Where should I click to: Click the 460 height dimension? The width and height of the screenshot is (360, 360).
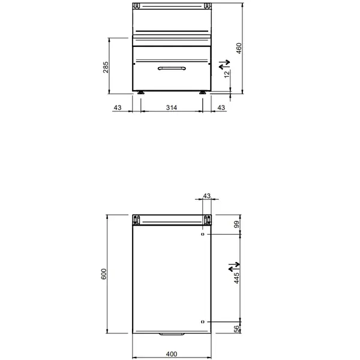tap(238, 48)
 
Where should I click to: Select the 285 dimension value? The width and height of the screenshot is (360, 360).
tap(106, 67)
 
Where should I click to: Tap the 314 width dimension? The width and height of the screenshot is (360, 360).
tap(171, 107)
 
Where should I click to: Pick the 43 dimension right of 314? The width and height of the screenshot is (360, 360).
tap(221, 107)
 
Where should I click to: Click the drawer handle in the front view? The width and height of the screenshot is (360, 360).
tap(170, 70)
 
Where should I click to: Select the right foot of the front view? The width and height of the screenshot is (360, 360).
tap(202, 94)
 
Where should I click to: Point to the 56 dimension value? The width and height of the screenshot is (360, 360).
tap(237, 328)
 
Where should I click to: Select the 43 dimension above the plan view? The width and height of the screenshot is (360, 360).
tap(208, 196)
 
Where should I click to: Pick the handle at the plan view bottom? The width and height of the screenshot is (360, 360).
tap(170, 334)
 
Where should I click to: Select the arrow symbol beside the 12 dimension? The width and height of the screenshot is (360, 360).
tap(224, 62)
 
